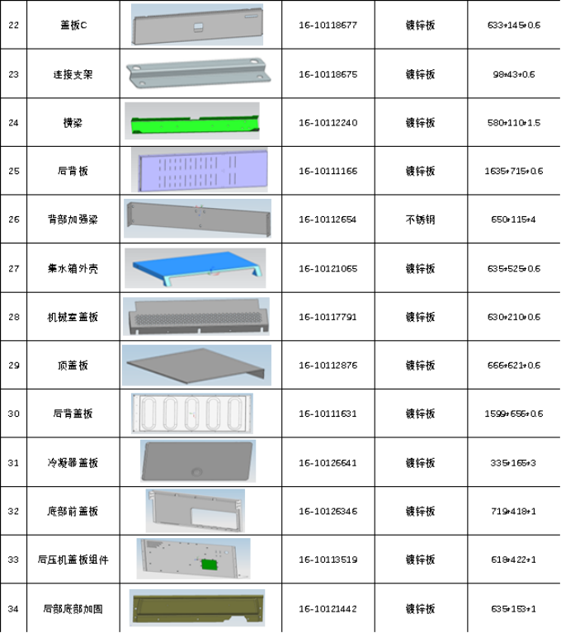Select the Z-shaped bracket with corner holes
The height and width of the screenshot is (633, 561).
pos(198,71)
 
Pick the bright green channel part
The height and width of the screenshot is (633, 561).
pos(195,125)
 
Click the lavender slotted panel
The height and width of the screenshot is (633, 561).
pos(199,170)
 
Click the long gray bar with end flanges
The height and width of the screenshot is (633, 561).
pos(198,218)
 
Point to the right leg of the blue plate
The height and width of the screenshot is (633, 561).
pos(259,276)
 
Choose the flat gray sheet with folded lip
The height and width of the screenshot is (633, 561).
pos(195,364)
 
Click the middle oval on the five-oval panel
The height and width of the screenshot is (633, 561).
pos(191,413)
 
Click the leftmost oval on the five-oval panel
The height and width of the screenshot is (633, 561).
pos(150,413)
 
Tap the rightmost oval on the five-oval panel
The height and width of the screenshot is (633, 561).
pos(233,413)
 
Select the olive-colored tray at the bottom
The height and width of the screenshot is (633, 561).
pos(196,607)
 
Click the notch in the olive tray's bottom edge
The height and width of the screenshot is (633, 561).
pos(238,618)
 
